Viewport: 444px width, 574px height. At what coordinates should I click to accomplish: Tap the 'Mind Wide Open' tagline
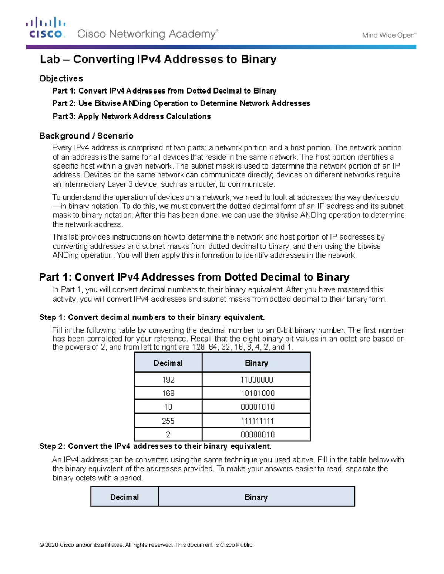pos(389,35)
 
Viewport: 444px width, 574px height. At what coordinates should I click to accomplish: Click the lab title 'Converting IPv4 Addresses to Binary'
pos(158,60)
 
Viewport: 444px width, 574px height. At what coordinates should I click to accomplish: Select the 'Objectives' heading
pos(61,78)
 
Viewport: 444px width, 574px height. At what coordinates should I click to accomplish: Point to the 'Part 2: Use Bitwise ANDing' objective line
pos(181,103)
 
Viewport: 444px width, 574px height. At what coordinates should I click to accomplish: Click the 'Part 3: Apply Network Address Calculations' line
pos(132,116)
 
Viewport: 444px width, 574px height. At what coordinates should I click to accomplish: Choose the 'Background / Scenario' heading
pos(86,136)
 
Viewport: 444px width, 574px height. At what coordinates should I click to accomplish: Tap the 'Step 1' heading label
pos(52,317)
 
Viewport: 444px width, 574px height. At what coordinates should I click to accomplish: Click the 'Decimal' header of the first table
pos(168,363)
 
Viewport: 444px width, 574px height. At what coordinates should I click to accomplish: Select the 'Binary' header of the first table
pos(256,363)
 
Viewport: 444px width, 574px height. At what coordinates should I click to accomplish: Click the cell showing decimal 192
pos(168,380)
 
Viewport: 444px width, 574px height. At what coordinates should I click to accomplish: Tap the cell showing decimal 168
pos(168,393)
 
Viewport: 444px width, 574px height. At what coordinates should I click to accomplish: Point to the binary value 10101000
pos(258,393)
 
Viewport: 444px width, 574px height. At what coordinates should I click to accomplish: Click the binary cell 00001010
pos(258,407)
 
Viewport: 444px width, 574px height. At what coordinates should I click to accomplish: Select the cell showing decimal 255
pos(168,421)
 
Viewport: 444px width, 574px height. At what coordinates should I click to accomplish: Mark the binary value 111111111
pos(258,421)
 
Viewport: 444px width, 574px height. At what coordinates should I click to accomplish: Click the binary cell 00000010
pos(258,435)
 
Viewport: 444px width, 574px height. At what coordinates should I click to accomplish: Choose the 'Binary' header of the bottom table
pos(256,497)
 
